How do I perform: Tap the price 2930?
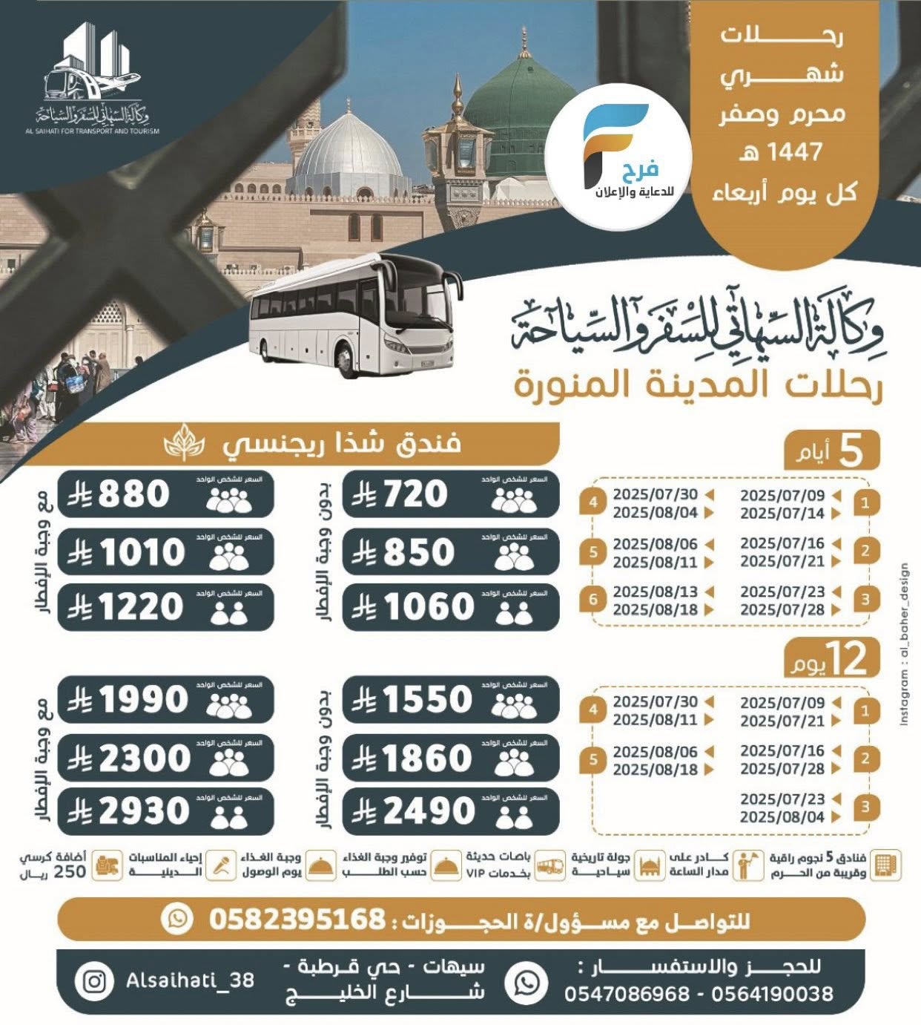(x=144, y=811)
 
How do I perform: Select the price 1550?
(x=426, y=699)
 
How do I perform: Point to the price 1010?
(x=141, y=552)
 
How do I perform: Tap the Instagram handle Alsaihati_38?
(x=190, y=980)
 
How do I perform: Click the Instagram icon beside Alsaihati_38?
(x=94, y=981)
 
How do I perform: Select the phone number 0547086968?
(x=627, y=994)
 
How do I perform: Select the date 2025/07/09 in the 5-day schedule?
(x=782, y=494)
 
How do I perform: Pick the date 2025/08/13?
(x=655, y=592)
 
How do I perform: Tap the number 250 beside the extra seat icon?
(x=70, y=871)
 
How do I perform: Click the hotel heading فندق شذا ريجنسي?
(x=342, y=444)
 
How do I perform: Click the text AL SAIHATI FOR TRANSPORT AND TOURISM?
(x=97, y=131)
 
